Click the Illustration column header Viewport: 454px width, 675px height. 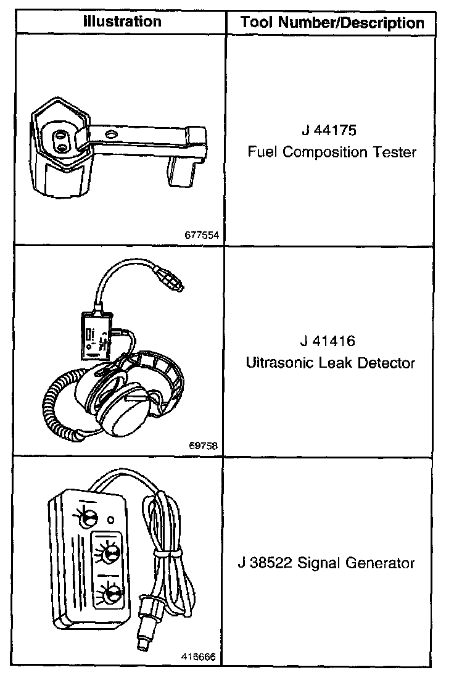pyautogui.click(x=122, y=22)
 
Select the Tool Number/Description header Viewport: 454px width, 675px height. pyautogui.click(x=332, y=23)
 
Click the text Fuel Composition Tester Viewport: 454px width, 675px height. pyautogui.click(x=332, y=152)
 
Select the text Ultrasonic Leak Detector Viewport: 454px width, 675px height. pyautogui.click(x=330, y=363)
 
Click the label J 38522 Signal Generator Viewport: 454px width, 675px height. pyautogui.click(x=326, y=563)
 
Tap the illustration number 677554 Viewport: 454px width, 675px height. pyautogui.click(x=201, y=234)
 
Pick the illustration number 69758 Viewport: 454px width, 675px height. pyautogui.click(x=204, y=444)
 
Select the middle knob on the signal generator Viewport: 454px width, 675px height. pyautogui.click(x=109, y=552)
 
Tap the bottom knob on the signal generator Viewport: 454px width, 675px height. pyautogui.click(x=111, y=595)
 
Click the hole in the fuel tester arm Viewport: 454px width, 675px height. pyautogui.click(x=111, y=133)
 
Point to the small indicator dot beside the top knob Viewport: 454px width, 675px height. pyautogui.click(x=111, y=520)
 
